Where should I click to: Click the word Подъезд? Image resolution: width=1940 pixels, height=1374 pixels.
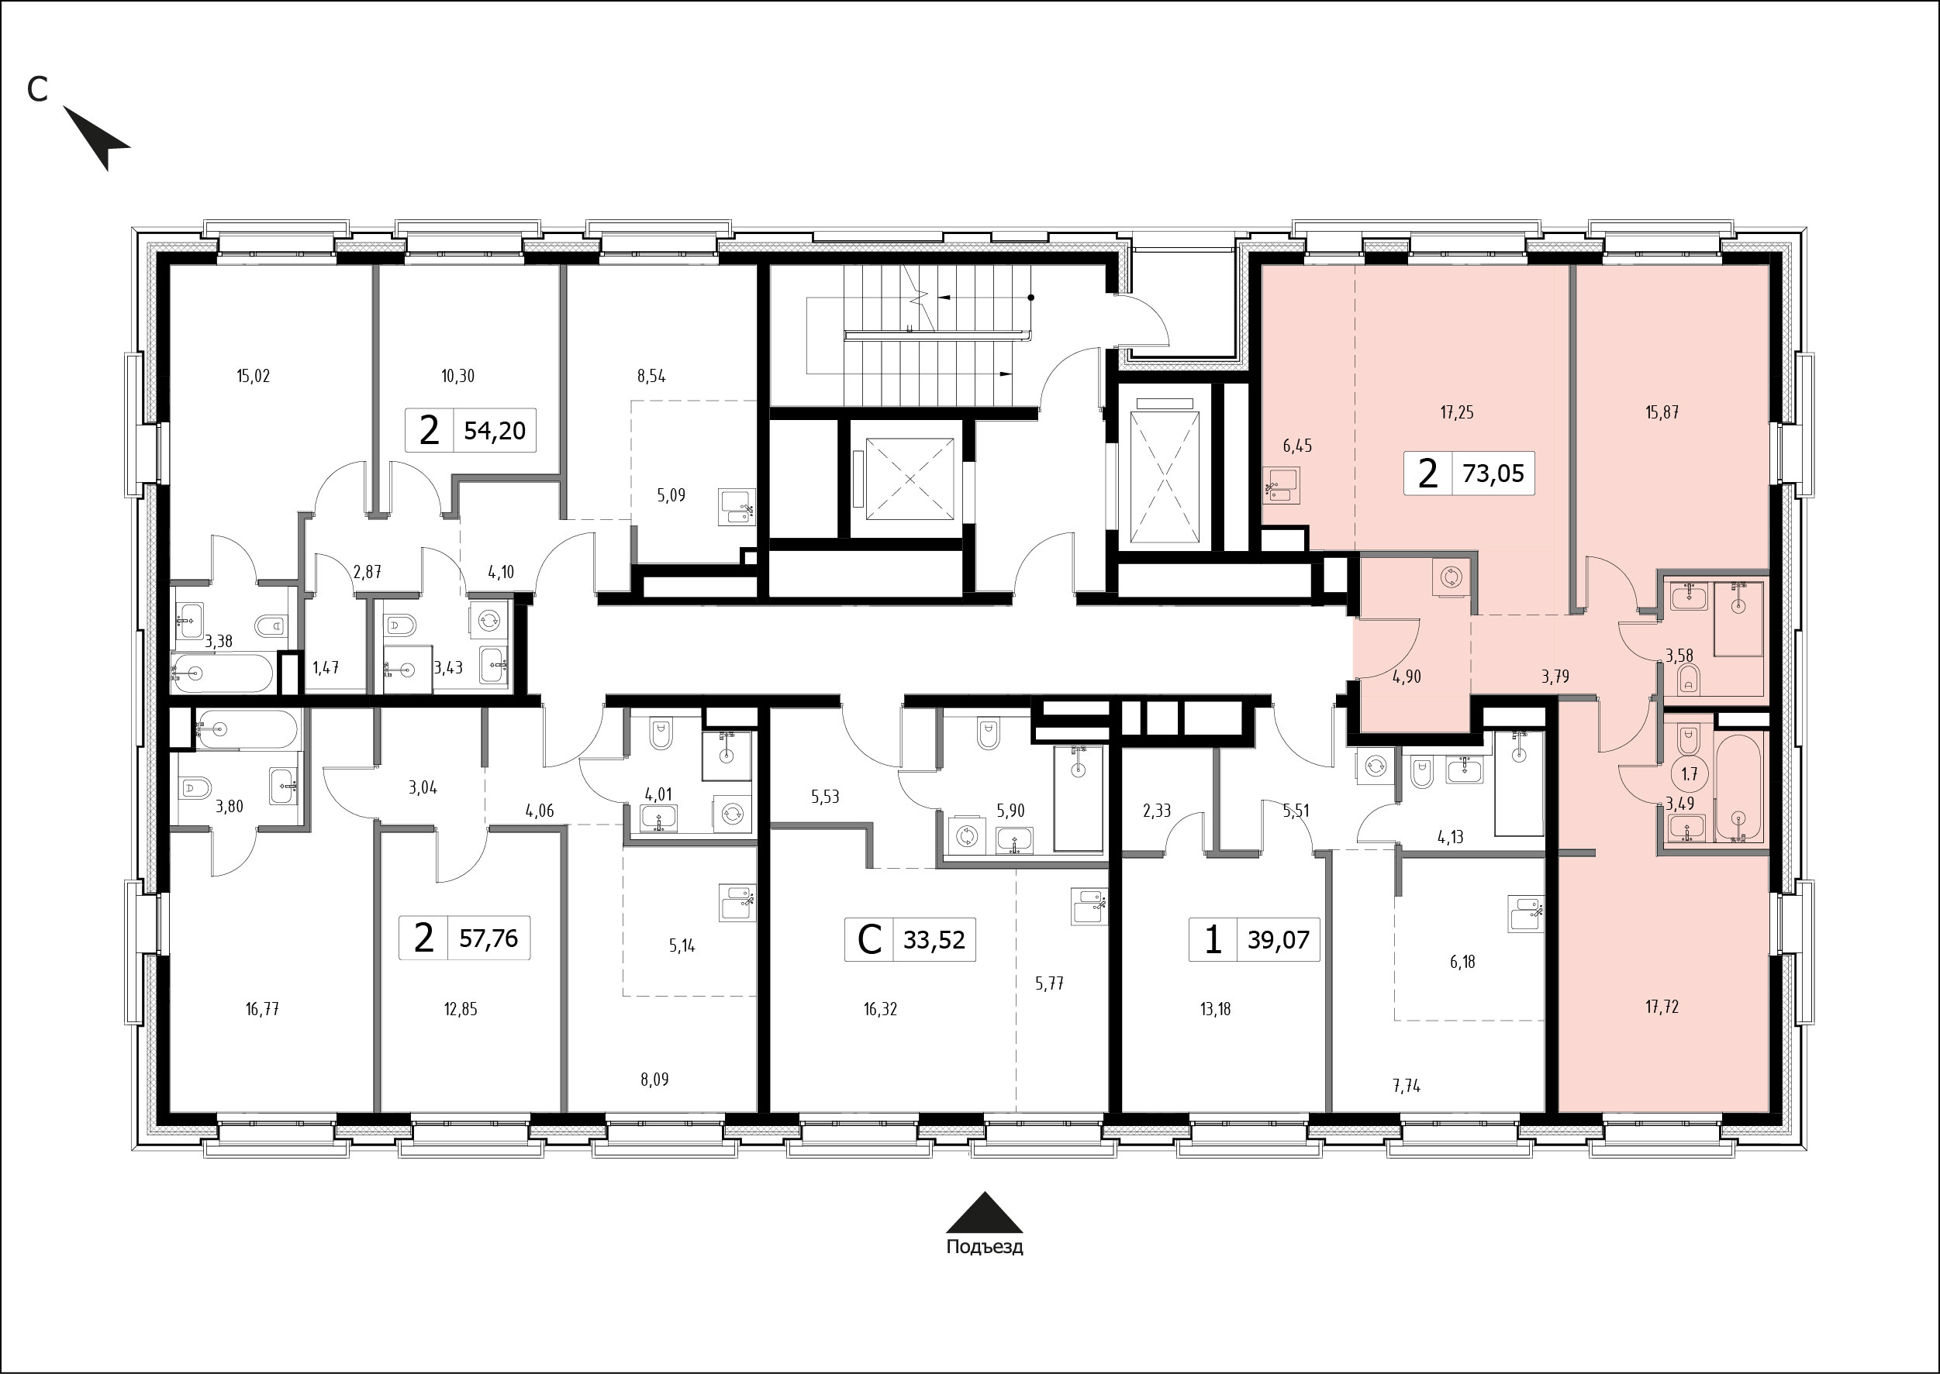point(985,1247)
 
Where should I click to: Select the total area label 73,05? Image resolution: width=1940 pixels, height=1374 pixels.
point(1493,473)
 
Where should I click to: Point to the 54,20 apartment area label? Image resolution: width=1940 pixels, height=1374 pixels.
point(495,431)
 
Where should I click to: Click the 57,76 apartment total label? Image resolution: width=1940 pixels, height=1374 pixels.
point(488,938)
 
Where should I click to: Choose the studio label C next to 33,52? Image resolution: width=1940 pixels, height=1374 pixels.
point(869,939)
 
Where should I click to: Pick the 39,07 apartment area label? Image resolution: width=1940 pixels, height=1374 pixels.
point(1278,939)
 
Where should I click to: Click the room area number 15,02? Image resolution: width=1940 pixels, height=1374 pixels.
point(253,376)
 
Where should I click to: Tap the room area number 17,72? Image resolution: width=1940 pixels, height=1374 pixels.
point(1662,1007)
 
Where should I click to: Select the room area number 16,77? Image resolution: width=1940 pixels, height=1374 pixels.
point(262,1008)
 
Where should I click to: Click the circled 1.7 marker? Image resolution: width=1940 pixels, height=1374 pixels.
point(1689,773)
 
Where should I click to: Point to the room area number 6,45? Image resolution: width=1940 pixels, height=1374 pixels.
point(1296,446)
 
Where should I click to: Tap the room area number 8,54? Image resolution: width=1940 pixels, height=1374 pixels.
point(651,377)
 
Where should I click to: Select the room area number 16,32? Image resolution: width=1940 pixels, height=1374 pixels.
point(880,1008)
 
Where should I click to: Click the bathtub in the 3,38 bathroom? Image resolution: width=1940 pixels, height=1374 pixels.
point(222,673)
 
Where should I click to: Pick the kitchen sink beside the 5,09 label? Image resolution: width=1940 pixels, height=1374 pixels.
point(736,508)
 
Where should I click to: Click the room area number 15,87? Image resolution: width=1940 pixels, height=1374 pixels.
point(1662,413)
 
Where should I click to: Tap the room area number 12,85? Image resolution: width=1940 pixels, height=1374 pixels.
point(461,1008)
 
